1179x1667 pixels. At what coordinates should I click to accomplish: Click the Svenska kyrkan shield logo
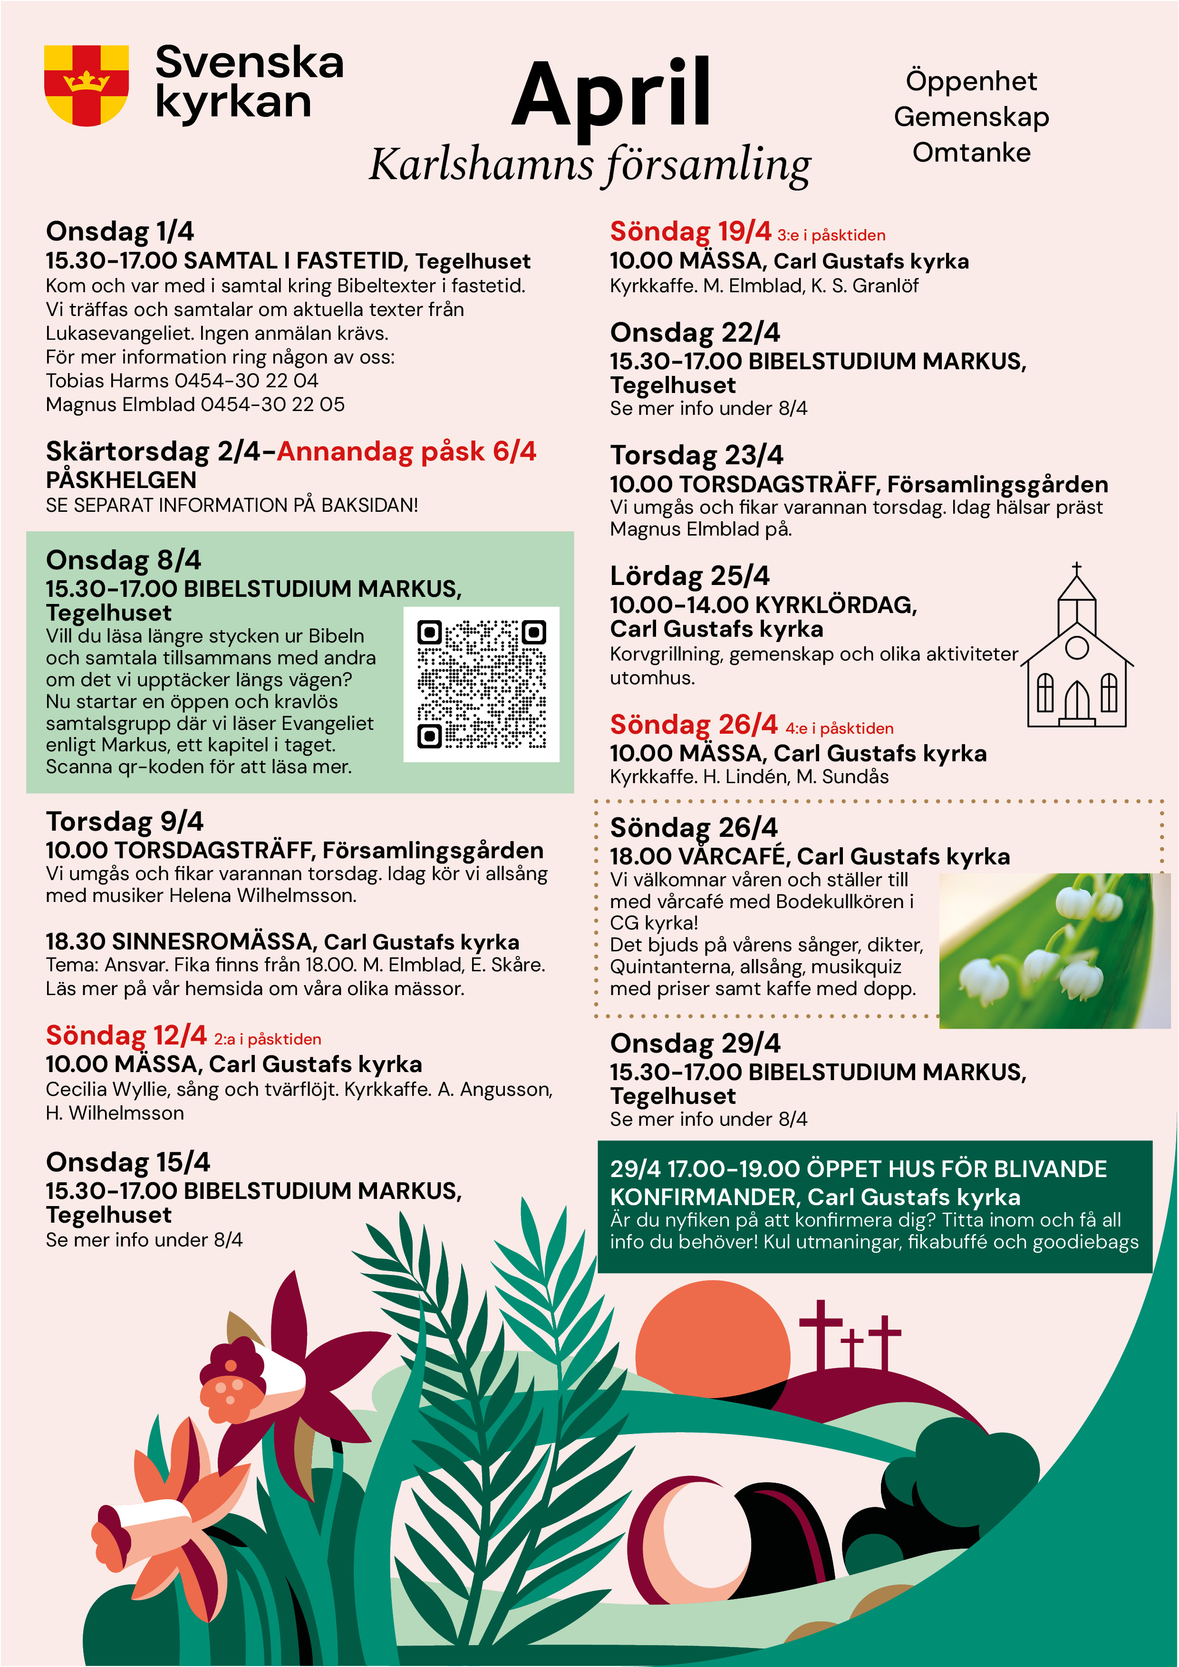[x=87, y=85]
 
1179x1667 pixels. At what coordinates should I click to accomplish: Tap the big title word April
[x=612, y=95]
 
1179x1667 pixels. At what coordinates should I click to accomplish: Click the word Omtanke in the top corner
[x=971, y=153]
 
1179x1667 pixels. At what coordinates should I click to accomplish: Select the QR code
[x=481, y=684]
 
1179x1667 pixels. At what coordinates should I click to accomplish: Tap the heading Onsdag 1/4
[x=120, y=231]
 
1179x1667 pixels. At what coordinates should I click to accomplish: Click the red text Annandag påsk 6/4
[x=406, y=451]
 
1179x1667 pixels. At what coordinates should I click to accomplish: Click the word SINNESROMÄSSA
[x=212, y=942]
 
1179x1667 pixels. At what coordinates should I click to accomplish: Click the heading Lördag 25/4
[x=689, y=576]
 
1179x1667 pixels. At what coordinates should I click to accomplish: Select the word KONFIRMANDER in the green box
[x=705, y=1197]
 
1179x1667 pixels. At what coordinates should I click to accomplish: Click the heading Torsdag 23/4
[x=696, y=455]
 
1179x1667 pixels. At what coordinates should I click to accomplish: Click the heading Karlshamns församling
[x=590, y=165]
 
